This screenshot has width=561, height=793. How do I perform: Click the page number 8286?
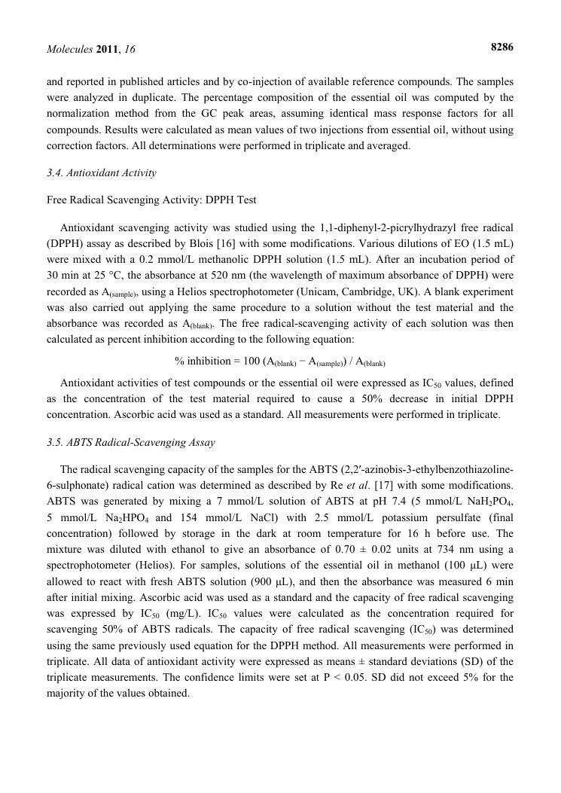(x=502, y=47)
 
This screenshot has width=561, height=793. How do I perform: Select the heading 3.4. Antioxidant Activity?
(x=102, y=173)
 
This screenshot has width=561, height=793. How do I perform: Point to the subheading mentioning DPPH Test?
(x=151, y=200)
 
